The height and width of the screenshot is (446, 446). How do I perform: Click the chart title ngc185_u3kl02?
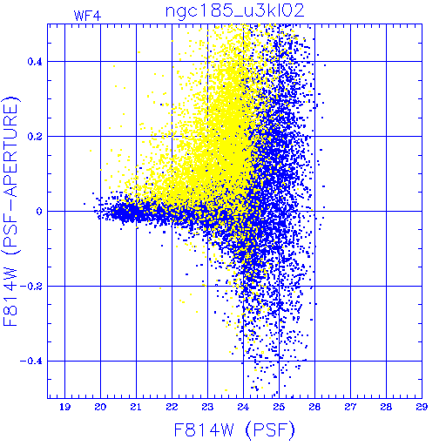point(234,11)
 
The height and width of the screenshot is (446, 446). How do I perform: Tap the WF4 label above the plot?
point(87,16)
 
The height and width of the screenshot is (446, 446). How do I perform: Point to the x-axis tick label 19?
point(64,407)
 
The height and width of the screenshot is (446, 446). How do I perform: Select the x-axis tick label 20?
point(100,407)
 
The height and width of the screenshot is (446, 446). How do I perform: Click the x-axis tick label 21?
point(136,407)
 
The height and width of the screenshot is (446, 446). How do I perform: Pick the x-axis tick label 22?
point(172,407)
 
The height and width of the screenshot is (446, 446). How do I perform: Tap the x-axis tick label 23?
point(207,407)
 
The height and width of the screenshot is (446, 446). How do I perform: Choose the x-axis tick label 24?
point(243,407)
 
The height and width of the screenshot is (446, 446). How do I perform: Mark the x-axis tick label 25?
point(279,407)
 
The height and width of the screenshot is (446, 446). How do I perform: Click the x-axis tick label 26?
point(314,407)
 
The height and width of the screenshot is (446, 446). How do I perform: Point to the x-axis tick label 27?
point(350,407)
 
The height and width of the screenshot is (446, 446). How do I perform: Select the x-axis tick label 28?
point(386,407)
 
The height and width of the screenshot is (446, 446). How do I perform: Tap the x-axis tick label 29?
point(422,407)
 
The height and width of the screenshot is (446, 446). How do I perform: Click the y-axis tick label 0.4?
point(35,62)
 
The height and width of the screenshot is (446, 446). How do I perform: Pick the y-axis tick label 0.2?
point(35,137)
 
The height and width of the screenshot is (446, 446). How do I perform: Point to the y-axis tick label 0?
point(39,212)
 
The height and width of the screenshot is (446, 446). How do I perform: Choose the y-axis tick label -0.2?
point(31,287)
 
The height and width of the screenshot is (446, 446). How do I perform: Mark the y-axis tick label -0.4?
point(31,362)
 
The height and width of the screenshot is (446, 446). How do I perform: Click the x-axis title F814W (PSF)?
point(234,430)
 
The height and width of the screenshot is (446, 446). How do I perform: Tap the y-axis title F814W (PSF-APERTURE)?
point(11,212)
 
